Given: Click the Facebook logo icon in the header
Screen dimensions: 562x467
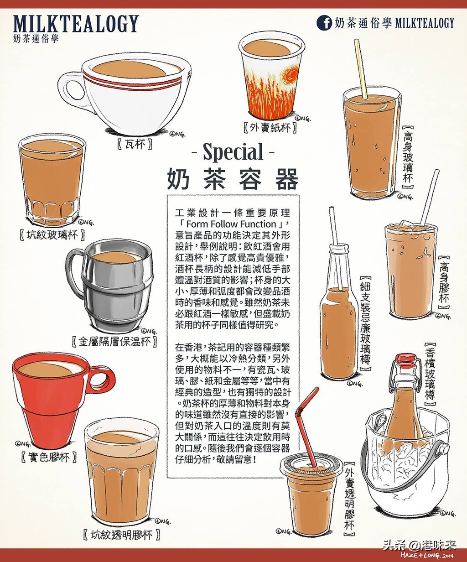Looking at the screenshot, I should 324,23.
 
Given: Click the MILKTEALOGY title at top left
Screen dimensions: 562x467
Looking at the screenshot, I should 75,24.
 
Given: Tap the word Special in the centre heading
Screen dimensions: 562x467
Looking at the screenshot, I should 233,153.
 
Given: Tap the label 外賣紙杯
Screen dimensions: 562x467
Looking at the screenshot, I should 270,128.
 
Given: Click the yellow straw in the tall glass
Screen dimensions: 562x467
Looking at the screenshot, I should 361,68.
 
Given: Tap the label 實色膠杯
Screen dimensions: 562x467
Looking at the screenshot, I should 48,456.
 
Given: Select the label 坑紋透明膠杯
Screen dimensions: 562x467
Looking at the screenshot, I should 121,535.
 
